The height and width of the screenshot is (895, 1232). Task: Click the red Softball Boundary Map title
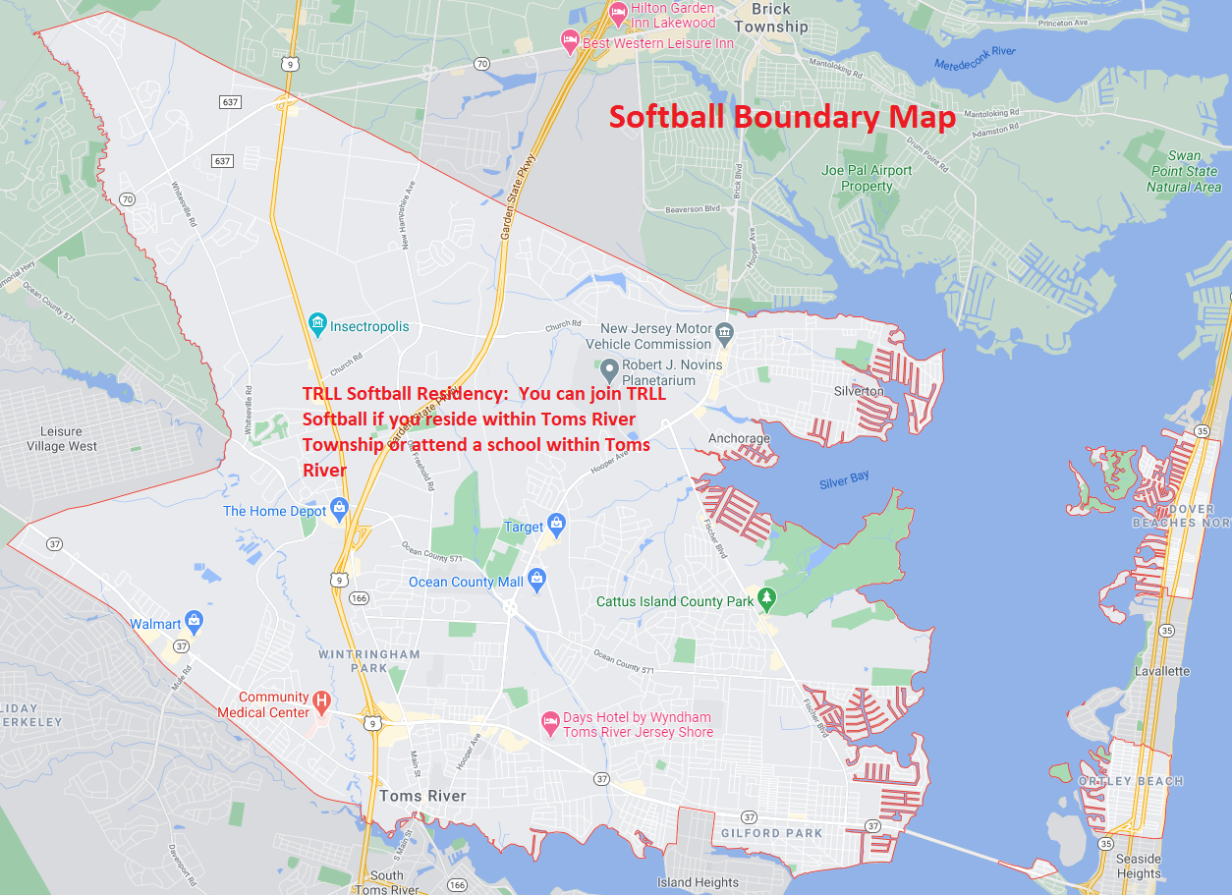point(782,118)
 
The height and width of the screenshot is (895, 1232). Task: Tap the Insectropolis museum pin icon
point(317,324)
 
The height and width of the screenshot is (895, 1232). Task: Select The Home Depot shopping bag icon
point(340,508)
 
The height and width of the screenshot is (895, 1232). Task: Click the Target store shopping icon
point(556,524)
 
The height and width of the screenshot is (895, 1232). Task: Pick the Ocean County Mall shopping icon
point(536,580)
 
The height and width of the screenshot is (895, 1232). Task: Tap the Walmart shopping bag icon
point(195,622)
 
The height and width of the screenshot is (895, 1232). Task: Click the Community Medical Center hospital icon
point(321,703)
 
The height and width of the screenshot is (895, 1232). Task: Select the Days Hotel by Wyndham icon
point(551,723)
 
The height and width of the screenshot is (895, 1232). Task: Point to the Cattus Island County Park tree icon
point(767,598)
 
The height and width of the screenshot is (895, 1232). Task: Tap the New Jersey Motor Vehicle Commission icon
point(725,334)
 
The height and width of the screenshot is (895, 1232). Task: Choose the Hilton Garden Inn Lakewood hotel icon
point(618,15)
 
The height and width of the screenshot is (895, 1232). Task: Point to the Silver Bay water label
point(844,481)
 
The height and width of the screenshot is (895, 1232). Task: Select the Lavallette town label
point(1162,671)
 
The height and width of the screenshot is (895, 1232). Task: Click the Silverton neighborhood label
point(859,391)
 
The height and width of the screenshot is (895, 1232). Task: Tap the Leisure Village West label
point(69,439)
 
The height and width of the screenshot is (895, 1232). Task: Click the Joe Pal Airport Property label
point(867,178)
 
